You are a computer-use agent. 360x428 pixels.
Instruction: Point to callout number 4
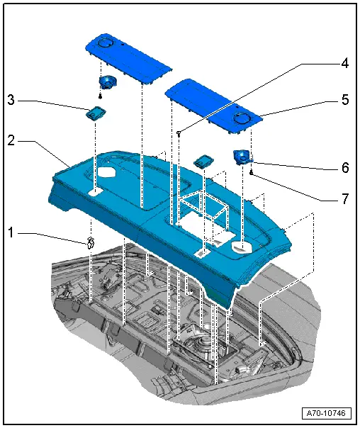(344, 63)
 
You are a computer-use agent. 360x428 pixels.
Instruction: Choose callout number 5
(344, 101)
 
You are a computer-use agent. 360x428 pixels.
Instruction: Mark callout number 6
(344, 168)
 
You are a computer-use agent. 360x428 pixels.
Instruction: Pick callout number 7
(344, 199)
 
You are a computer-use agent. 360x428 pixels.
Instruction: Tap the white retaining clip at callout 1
(91, 242)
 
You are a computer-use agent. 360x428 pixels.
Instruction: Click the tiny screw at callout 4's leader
(180, 133)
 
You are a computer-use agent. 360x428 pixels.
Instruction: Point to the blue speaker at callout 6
(242, 157)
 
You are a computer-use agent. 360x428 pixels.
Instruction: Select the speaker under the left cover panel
(108, 83)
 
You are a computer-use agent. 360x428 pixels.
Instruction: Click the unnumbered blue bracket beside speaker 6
(203, 161)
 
